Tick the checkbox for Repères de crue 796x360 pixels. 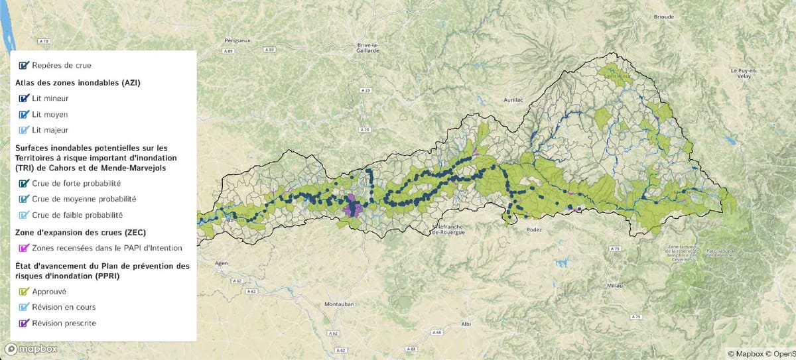tap(25, 66)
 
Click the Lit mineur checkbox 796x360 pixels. tap(25, 98)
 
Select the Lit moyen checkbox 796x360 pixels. tap(25, 114)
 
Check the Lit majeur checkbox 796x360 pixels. tap(25, 131)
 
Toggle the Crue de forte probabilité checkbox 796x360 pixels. tap(25, 183)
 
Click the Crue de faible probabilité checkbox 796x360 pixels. tap(25, 215)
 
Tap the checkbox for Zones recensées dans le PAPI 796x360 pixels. tap(25, 248)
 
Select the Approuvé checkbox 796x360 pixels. tap(25, 291)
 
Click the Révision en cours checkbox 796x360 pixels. tap(25, 307)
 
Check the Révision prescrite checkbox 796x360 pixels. tap(25, 324)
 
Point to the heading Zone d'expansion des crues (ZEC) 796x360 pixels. tap(80, 232)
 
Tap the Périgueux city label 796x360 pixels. tap(237, 40)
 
